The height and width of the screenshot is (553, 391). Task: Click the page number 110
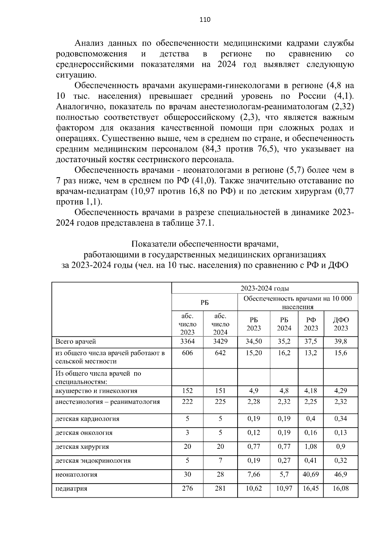(205, 20)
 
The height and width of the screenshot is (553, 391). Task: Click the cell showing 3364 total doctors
(187, 341)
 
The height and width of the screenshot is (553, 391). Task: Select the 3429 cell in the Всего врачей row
(220, 341)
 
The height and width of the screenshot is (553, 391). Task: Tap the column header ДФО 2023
(340, 324)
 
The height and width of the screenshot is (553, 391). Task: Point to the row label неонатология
(77, 475)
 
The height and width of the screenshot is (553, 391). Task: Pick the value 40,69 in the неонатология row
(311, 475)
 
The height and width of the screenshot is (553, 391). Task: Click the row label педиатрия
(71, 489)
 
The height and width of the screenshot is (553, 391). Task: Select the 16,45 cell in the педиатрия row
(311, 489)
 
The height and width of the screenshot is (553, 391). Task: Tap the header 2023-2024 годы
(265, 288)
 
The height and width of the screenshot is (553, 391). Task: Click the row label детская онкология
(84, 433)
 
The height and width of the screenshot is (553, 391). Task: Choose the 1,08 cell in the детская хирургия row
(311, 447)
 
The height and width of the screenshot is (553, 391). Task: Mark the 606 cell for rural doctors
(187, 353)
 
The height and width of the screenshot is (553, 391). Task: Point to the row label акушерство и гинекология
(96, 391)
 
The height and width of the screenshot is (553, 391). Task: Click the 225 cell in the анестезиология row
(220, 402)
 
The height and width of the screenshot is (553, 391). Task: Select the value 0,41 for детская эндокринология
(311, 461)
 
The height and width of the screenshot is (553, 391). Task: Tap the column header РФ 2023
(311, 324)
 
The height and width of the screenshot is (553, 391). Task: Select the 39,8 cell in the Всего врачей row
(340, 341)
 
